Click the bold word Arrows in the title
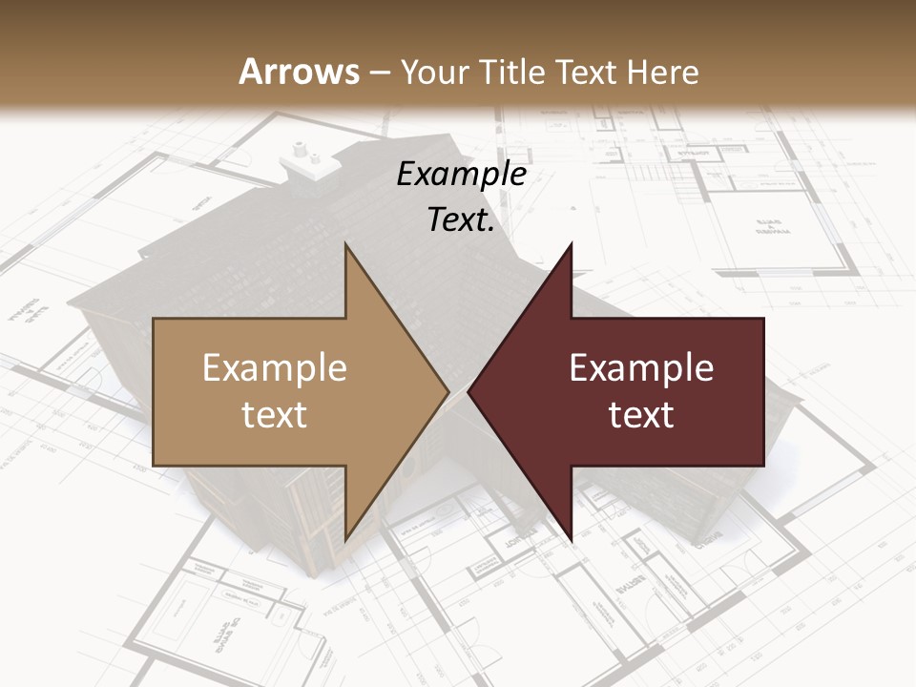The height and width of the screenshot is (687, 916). (300, 72)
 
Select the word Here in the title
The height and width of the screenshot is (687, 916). (661, 72)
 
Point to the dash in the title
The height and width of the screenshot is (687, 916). (381, 73)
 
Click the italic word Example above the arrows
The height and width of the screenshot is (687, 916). (462, 176)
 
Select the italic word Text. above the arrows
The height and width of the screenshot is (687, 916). (459, 220)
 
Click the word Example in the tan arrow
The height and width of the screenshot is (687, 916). (275, 367)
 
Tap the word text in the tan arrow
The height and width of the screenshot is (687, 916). (275, 415)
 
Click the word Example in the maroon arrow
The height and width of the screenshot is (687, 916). (641, 367)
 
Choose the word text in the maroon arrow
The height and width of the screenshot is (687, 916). (641, 415)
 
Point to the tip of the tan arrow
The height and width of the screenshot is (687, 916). (448, 391)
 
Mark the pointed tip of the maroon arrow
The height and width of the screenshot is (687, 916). (469, 391)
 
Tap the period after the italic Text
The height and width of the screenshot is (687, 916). (492, 230)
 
